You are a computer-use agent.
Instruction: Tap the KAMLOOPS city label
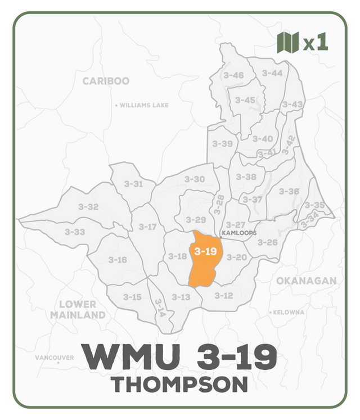[238, 233]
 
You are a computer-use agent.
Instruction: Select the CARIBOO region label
[106, 81]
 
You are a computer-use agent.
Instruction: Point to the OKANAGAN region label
[306, 281]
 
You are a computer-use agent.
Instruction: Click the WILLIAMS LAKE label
[144, 105]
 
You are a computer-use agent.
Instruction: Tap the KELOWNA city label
[289, 312]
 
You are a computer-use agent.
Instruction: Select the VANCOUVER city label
[54, 358]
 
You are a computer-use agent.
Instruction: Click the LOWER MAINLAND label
[78, 310]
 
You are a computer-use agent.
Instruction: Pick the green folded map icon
[287, 42]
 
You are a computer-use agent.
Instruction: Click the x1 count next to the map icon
[316, 43]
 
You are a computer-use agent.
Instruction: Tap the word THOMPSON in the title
[179, 385]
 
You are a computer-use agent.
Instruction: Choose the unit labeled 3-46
[233, 75]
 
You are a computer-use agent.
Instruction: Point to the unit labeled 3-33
[75, 232]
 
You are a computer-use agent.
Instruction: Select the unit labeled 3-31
[133, 184]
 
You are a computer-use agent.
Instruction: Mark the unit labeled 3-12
[224, 295]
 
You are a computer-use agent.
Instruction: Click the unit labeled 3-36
[289, 191]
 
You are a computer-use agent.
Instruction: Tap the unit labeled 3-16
[118, 260]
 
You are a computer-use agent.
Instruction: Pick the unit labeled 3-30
[195, 179]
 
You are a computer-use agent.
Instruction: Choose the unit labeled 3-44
[272, 73]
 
